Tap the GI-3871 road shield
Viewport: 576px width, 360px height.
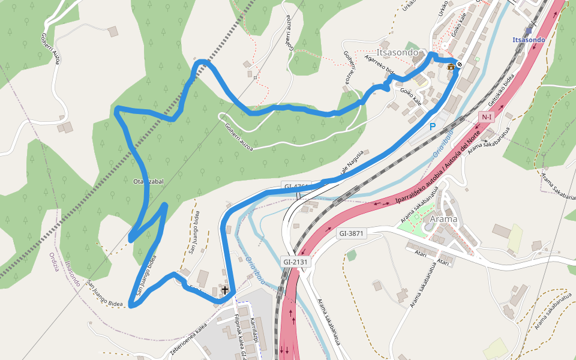[351, 233]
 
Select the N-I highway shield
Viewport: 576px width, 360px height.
[486, 116]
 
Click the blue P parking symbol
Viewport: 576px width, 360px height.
[432, 127]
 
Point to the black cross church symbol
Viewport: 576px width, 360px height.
[225, 291]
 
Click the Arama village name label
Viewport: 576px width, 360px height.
[443, 219]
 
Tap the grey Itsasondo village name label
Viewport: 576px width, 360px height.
[397, 52]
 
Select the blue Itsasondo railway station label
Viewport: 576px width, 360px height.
[529, 40]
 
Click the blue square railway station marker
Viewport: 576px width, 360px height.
[529, 30]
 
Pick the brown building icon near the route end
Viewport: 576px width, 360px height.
[451, 66]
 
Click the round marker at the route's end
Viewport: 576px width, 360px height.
[460, 64]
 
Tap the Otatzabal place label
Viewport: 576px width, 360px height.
[148, 181]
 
